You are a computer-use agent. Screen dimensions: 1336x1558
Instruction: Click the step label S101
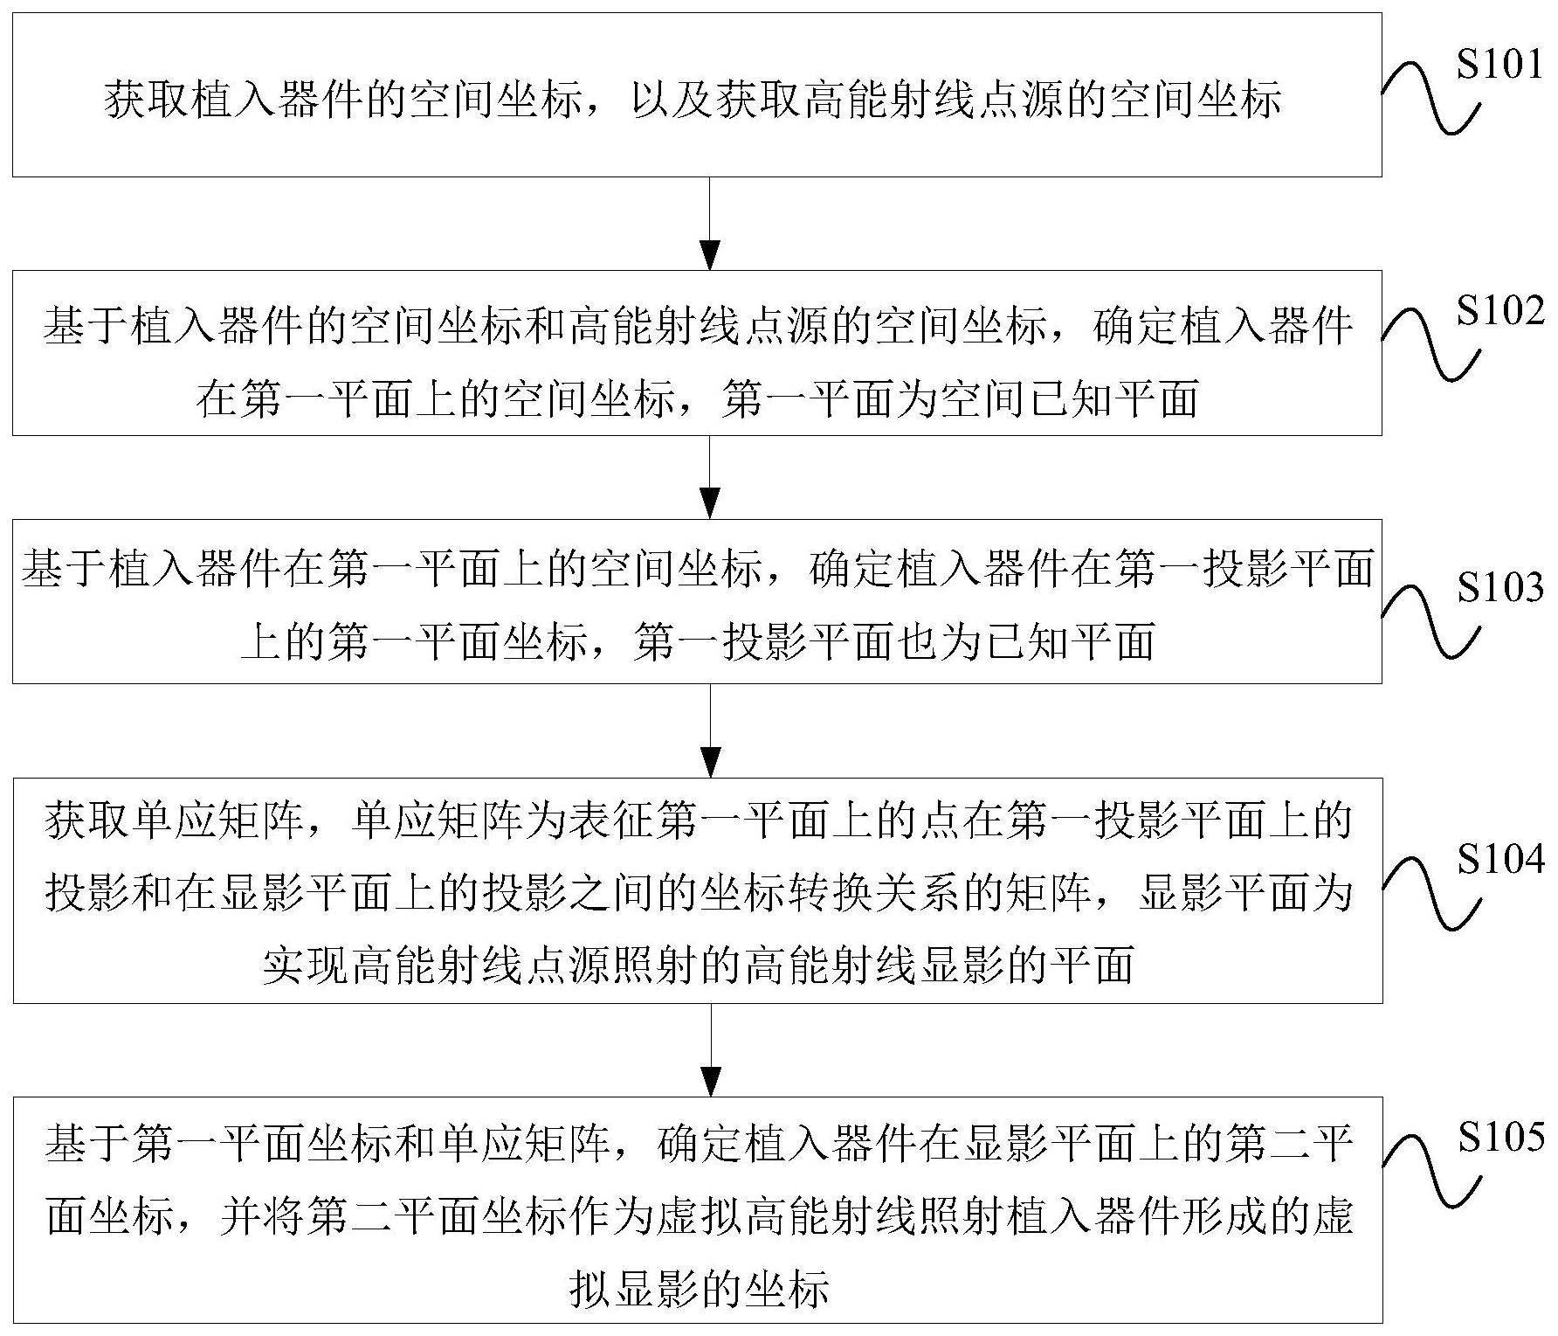(x=1499, y=64)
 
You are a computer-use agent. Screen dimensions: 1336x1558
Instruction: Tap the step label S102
(x=1499, y=312)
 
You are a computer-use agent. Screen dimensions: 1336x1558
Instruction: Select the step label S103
(x=1499, y=589)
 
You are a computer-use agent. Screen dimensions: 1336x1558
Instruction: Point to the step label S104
(x=1499, y=861)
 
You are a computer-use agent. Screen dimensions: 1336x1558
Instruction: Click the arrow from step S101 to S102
(x=712, y=224)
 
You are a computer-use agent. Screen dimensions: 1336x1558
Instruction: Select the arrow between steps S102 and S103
(x=712, y=477)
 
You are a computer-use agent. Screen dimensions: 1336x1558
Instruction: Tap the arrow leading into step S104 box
(x=712, y=730)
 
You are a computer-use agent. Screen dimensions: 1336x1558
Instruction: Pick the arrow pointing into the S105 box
(x=712, y=1049)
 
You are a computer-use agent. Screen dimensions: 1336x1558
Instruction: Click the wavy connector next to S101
(x=1432, y=100)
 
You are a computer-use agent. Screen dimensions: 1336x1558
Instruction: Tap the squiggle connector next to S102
(x=1432, y=345)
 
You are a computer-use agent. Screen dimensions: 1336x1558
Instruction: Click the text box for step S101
(x=697, y=94)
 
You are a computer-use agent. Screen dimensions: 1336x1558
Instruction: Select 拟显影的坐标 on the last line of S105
(x=698, y=1288)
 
